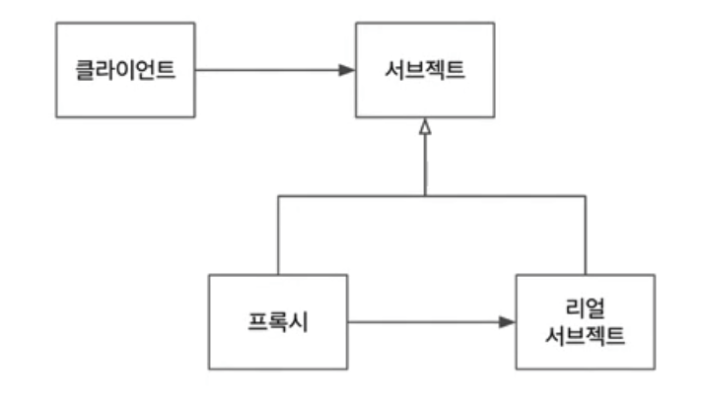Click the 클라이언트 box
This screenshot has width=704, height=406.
(x=125, y=71)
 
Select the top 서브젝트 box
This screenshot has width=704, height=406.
(x=424, y=71)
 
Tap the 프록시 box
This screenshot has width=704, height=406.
(x=277, y=322)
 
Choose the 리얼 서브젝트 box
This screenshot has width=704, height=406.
(x=585, y=322)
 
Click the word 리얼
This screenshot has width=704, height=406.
(x=585, y=307)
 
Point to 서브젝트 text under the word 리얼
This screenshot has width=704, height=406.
(x=585, y=335)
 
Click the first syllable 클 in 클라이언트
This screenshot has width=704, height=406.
(x=88, y=71)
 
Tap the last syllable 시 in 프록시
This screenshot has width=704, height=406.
(x=300, y=322)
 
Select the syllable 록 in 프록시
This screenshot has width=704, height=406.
(x=277, y=322)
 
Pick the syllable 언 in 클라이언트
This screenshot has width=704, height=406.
(x=144, y=71)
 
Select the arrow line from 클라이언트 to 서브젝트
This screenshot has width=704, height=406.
(x=266, y=71)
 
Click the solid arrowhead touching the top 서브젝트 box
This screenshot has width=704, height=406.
(x=346, y=71)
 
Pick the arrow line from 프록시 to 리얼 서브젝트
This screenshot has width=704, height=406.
(x=424, y=322)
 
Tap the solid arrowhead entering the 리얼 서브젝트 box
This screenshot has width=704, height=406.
(x=507, y=322)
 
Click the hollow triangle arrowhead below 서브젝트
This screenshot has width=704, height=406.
(x=425, y=127)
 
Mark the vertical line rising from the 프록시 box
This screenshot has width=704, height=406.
(x=278, y=237)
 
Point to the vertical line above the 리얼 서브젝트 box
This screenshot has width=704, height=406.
(x=586, y=237)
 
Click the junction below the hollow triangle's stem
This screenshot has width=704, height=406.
(x=425, y=196)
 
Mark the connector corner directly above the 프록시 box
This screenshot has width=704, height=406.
(x=278, y=196)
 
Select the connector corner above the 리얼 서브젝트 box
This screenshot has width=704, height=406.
(x=586, y=196)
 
